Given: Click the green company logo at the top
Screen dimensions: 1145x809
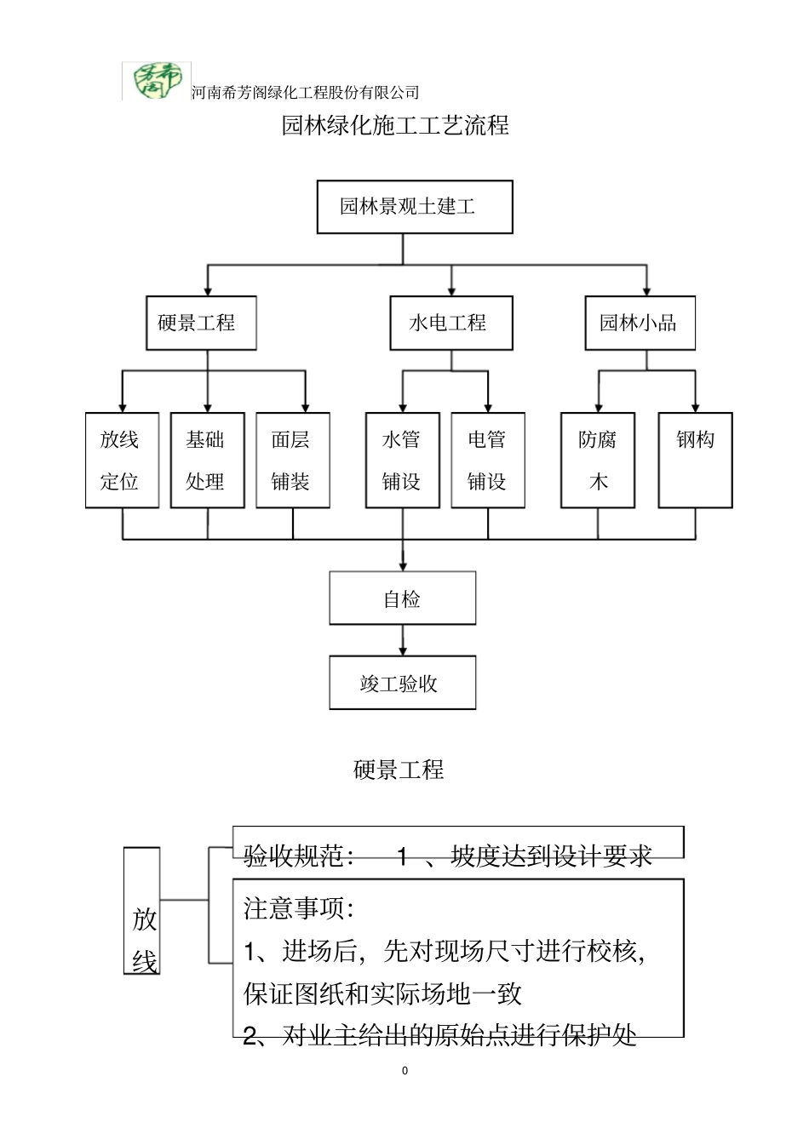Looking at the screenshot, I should (x=157, y=81).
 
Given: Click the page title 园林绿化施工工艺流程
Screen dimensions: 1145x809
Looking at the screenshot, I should (x=395, y=126).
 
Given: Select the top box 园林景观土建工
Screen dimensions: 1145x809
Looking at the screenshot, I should (x=415, y=207).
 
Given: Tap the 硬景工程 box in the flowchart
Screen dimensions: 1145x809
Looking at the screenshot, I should (x=201, y=323).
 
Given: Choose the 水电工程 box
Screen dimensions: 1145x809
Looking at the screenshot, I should (x=450, y=323).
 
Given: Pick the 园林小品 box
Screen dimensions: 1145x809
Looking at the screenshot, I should (x=640, y=323).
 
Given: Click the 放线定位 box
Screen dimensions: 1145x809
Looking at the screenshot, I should (x=122, y=461).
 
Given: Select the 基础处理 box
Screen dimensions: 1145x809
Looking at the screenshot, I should (x=207, y=461).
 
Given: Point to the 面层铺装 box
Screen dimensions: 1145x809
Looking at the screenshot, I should (x=292, y=461).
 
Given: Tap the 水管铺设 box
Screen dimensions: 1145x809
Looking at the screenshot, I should (x=402, y=461).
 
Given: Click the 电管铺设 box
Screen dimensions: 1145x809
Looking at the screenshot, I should (x=487, y=461).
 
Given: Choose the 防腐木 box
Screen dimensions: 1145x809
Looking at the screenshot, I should (x=597, y=461).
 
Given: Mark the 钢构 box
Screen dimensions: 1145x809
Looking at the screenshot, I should (x=696, y=461).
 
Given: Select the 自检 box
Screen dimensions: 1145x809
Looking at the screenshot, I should (x=402, y=598).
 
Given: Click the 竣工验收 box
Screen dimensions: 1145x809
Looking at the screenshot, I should (x=402, y=683).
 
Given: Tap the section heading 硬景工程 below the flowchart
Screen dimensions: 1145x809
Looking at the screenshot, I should (x=399, y=770).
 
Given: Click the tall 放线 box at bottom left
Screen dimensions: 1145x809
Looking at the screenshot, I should (x=142, y=911).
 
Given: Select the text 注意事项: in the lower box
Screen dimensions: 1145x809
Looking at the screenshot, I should (x=299, y=908).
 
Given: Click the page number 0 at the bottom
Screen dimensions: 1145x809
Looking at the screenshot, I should (x=404, y=1071).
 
